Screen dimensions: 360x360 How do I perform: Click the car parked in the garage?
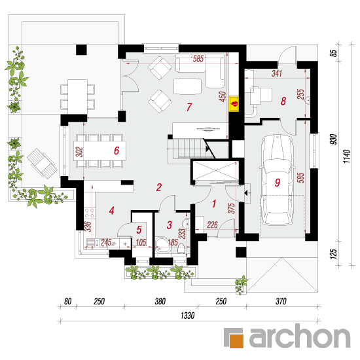[277, 180]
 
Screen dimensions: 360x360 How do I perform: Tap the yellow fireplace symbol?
[234, 103]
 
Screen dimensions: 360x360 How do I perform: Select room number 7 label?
[189, 107]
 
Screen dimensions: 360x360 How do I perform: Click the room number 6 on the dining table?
[117, 151]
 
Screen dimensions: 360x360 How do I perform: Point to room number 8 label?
[283, 101]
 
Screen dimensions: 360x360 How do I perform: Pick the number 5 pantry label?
[139, 230]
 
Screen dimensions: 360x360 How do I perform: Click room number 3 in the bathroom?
[170, 225]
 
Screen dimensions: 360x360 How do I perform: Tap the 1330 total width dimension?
[188, 315]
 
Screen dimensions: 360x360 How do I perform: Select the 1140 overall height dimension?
[347, 156]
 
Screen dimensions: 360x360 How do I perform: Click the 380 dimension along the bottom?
[160, 301]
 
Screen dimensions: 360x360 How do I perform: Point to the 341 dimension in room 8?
[277, 73]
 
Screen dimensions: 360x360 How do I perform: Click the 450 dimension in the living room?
[223, 96]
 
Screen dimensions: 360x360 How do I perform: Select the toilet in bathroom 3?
[181, 249]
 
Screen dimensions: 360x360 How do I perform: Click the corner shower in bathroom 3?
[163, 245]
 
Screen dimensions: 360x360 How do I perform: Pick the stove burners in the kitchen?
[89, 213]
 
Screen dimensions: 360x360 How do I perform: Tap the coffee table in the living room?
[188, 86]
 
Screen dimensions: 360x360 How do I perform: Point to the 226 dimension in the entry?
[212, 225]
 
